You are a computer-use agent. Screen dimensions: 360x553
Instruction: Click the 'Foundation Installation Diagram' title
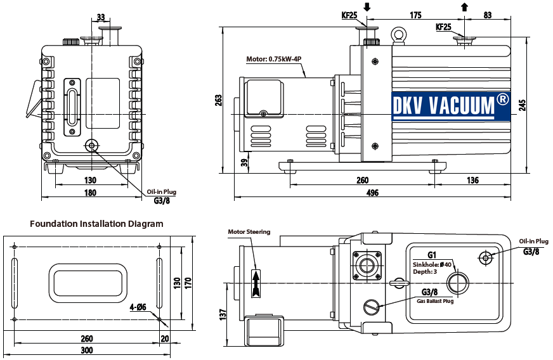tap(96, 224)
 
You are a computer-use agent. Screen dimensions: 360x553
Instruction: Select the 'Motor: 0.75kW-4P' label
tap(274, 59)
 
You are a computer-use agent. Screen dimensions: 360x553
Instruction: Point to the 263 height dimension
tap(219, 100)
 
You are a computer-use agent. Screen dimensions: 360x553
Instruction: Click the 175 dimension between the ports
tap(416, 15)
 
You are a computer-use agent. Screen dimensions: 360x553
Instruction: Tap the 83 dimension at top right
tap(487, 15)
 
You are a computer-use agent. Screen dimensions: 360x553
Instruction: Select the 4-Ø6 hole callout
tap(138, 307)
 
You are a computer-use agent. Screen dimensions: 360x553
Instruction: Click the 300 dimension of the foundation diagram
tap(87, 350)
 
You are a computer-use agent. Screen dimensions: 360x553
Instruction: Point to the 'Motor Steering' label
tap(249, 232)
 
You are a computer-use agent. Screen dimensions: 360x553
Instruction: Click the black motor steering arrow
tap(256, 282)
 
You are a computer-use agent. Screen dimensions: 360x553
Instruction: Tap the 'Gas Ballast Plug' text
tap(435, 301)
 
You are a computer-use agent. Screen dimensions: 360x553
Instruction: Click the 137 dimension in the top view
tap(223, 314)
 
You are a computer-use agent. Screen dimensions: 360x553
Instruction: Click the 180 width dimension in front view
tap(91, 193)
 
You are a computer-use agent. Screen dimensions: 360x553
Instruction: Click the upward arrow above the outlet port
tap(465, 7)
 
